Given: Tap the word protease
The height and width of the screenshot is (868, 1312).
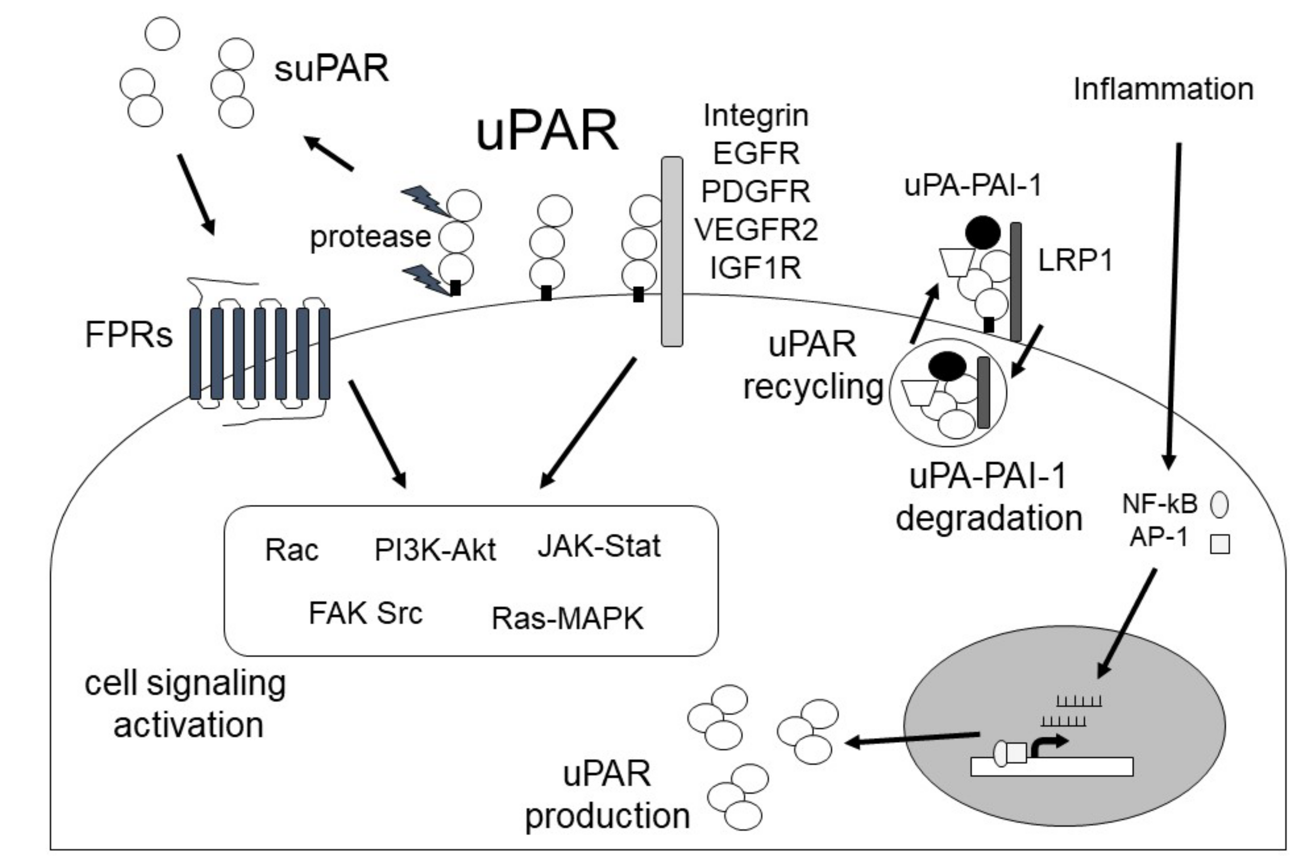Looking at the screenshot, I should click(370, 237).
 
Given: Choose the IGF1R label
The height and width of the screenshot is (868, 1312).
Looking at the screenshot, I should click(756, 268).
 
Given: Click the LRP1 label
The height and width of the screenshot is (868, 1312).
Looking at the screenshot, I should click(1075, 260).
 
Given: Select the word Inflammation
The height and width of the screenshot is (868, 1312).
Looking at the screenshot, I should click(1163, 89).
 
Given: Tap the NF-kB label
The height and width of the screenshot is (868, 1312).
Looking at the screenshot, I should click(1159, 504).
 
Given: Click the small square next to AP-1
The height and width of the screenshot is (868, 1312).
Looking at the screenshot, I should click(1220, 544).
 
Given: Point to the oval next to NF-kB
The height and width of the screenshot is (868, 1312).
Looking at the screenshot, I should click(1220, 504).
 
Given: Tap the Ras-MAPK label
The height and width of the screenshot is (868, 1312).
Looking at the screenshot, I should click(568, 619).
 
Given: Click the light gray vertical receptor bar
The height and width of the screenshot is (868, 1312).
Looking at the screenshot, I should click(672, 252).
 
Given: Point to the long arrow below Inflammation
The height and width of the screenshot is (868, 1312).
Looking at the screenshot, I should click(1173, 304).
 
